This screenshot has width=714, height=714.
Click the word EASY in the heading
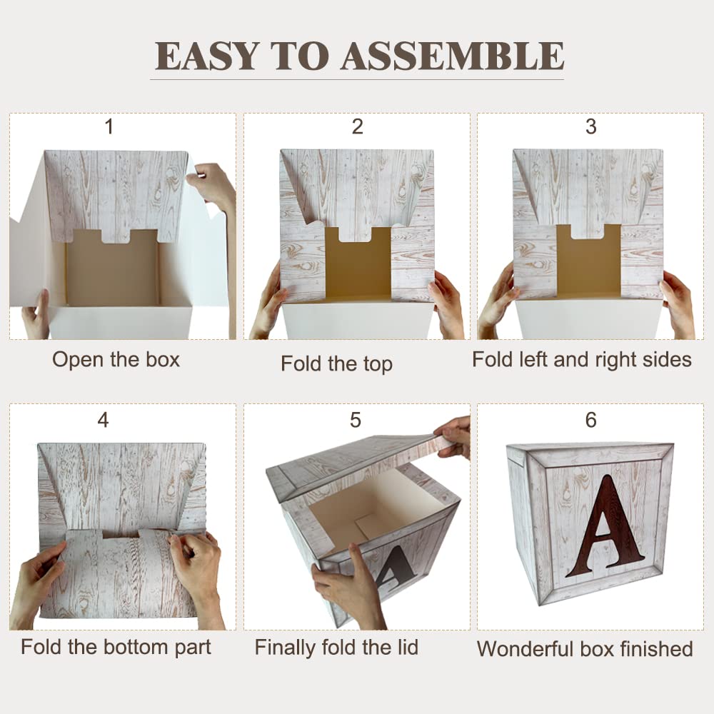tap(207, 56)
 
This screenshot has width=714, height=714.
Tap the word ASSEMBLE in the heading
tap(453, 56)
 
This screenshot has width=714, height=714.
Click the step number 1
tap(109, 126)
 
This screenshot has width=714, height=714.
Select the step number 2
tap(358, 126)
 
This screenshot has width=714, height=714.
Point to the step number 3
tap(590, 126)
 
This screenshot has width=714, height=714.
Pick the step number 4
tap(104, 420)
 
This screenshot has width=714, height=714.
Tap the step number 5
tap(356, 420)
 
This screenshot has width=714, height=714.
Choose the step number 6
tap(590, 420)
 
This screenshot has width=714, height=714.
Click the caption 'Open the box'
tap(116, 360)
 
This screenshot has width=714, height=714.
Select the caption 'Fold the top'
tap(336, 364)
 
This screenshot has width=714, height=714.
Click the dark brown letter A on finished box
tap(606, 526)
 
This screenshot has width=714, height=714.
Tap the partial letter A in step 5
tap(394, 568)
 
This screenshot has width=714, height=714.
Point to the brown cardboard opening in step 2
tap(358, 263)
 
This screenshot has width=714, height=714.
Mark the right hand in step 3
tap(678, 304)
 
